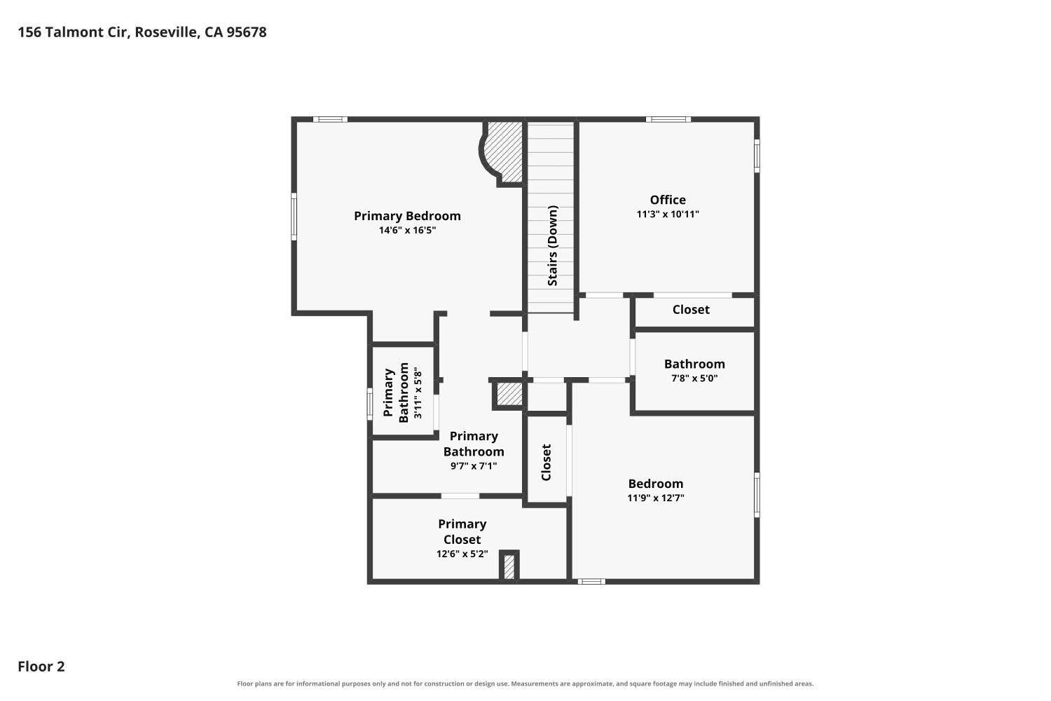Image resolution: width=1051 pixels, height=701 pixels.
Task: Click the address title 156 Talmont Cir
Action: pos(74,32)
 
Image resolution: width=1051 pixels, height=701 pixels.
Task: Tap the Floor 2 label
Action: pos(41,666)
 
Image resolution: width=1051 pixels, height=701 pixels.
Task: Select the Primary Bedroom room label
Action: pos(407,216)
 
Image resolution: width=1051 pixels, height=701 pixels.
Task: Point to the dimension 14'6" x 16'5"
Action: pos(407,230)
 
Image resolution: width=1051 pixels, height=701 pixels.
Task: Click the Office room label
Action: pos(668,200)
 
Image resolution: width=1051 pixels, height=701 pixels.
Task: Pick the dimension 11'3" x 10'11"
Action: pos(668,214)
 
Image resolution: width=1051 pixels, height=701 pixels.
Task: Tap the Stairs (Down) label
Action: pos(552,245)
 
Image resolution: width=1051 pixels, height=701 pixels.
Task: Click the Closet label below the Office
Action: pos(691,309)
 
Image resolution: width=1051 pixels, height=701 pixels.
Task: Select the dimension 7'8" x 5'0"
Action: pos(694,378)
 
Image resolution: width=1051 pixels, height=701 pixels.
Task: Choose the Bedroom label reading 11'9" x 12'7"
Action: pos(655,484)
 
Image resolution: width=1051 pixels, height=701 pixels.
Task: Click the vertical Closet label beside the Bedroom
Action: pos(546,463)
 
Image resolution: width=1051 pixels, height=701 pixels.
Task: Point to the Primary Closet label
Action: pos(462,531)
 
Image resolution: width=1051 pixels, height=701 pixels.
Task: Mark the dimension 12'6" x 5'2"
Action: pos(462,554)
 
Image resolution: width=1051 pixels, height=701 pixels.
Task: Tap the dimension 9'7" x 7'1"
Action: pos(474,466)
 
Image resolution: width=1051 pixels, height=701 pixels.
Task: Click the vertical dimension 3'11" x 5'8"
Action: pos(418,395)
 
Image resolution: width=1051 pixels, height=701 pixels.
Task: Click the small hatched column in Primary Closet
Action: pos(509,566)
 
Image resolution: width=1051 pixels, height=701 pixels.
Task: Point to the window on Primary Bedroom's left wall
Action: pos(294,217)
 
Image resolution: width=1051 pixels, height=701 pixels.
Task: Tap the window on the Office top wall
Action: pos(668,119)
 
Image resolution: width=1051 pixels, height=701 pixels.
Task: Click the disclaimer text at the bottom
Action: pos(525,684)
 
